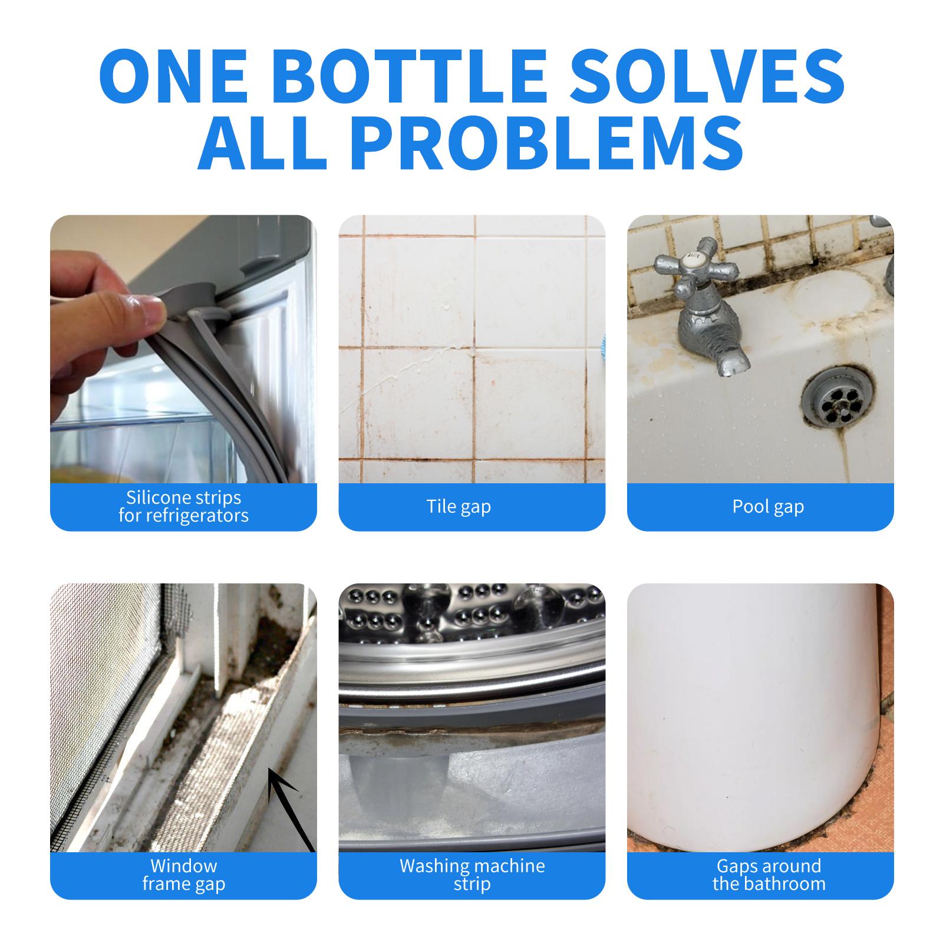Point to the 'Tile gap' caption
point(459,506)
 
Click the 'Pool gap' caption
point(768,507)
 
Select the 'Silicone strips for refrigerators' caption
point(183,506)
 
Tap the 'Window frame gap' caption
point(183,875)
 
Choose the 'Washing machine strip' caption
point(472,875)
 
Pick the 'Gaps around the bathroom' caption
point(769,875)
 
